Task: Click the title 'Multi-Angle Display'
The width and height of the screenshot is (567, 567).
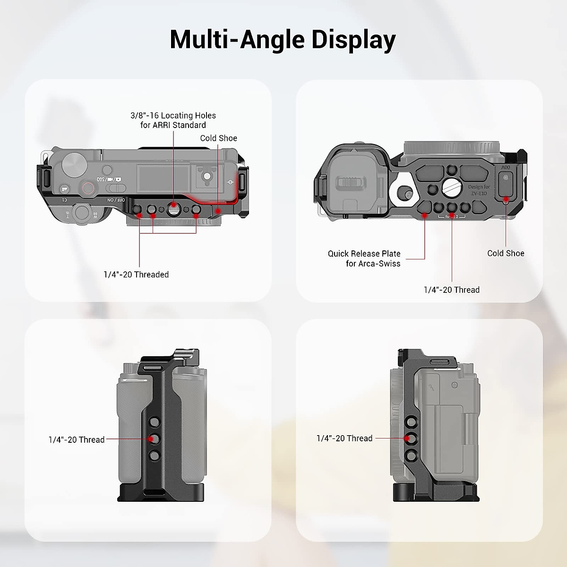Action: (x=283, y=39)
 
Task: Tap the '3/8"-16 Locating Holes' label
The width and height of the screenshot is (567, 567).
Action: (x=173, y=116)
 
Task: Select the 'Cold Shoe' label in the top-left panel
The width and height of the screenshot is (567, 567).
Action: (x=218, y=138)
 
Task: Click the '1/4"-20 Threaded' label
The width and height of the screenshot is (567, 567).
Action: (x=136, y=275)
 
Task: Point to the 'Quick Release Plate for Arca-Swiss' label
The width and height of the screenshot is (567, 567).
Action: (x=364, y=258)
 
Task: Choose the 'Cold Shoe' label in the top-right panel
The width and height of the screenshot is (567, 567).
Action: (x=506, y=253)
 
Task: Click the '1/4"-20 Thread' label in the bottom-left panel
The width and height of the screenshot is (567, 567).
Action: (x=77, y=439)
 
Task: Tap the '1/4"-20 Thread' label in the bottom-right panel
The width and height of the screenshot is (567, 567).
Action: (x=344, y=438)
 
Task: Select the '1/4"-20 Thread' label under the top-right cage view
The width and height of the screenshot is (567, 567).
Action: (x=451, y=290)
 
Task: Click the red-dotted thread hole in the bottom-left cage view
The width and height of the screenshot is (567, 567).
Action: (x=151, y=438)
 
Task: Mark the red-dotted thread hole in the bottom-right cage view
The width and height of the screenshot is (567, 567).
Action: (x=407, y=438)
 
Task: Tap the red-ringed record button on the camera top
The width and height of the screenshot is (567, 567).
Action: (x=88, y=188)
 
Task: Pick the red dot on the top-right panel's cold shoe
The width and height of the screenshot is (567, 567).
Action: (x=506, y=199)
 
